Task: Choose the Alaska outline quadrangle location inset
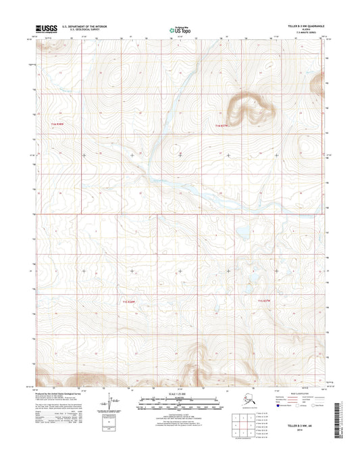tap(265, 404)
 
